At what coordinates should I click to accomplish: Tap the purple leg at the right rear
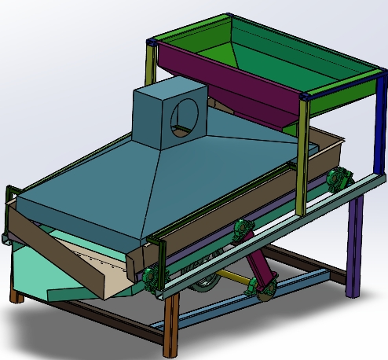(355, 244)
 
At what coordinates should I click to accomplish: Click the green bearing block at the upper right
(339, 178)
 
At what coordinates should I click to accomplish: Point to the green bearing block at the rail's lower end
(149, 277)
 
